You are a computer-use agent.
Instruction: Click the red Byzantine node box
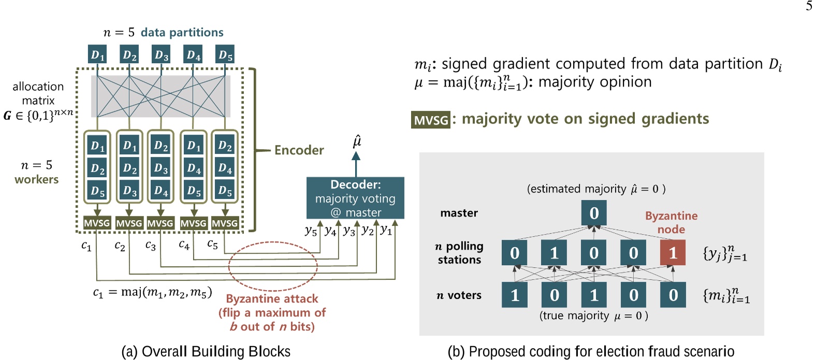tap(673, 253)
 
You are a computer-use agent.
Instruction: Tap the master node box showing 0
tap(594, 213)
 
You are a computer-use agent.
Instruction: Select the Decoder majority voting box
tap(355, 198)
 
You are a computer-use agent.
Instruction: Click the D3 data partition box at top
tap(162, 54)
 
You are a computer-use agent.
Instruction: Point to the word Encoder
tap(299, 150)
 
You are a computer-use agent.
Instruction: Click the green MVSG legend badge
tap(431, 120)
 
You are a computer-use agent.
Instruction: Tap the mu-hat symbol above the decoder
tap(357, 141)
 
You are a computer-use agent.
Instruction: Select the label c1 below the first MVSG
tap(86, 246)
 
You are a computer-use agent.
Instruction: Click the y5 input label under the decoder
tap(311, 231)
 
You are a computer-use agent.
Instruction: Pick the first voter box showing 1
tap(515, 295)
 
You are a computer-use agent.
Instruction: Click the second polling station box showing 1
tap(554, 253)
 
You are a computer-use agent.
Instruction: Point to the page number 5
tap(809, 6)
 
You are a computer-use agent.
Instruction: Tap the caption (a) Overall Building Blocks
tap(206, 351)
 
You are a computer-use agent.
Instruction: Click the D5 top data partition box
tap(225, 54)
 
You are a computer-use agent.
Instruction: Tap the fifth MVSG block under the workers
tap(225, 223)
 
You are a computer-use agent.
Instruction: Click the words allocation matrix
tap(38, 93)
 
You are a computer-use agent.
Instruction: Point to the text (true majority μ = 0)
tap(593, 315)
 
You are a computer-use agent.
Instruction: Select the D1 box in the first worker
tap(97, 146)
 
